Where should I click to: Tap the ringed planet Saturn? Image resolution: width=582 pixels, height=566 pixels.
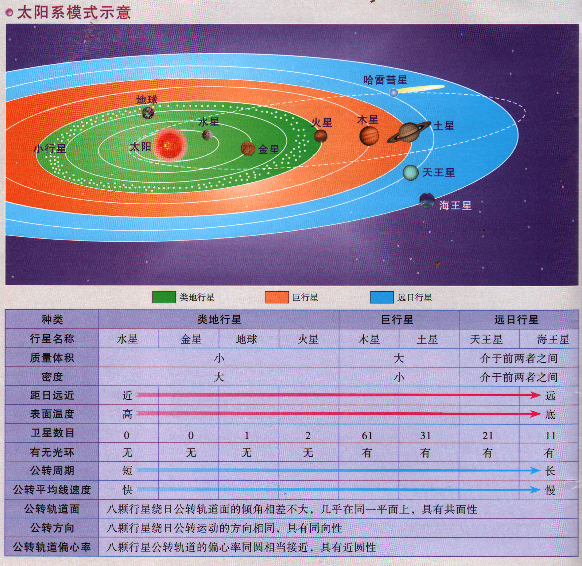[x=409, y=132]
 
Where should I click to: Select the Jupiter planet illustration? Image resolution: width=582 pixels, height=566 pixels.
[x=369, y=136]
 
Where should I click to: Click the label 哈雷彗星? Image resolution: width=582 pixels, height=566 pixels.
[x=385, y=80]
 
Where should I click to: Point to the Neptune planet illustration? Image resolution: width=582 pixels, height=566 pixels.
[x=427, y=200]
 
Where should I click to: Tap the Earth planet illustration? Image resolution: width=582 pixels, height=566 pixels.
[x=148, y=113]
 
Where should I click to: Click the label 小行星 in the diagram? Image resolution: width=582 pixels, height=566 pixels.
[x=50, y=148]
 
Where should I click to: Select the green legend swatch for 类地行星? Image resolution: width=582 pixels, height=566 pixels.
[x=164, y=297]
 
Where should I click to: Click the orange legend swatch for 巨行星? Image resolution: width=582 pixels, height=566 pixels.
[x=277, y=297]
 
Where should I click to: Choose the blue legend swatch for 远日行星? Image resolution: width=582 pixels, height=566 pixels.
[x=382, y=297]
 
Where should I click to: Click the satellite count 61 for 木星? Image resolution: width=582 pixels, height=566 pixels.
[x=367, y=435]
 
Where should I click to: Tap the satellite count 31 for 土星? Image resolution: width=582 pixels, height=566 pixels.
[x=425, y=435]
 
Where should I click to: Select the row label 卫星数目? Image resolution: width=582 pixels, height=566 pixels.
[x=52, y=433]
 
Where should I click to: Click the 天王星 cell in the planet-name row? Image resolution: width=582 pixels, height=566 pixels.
[x=486, y=339]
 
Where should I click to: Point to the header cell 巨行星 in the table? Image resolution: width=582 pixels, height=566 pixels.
[x=397, y=320]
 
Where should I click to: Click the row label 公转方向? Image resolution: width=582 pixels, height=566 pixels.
[x=52, y=528]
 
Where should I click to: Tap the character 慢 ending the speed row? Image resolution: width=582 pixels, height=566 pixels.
[x=550, y=490]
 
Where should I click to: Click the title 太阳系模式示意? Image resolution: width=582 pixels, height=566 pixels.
[x=74, y=13]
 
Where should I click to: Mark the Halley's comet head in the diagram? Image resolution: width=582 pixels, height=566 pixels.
[x=394, y=93]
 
